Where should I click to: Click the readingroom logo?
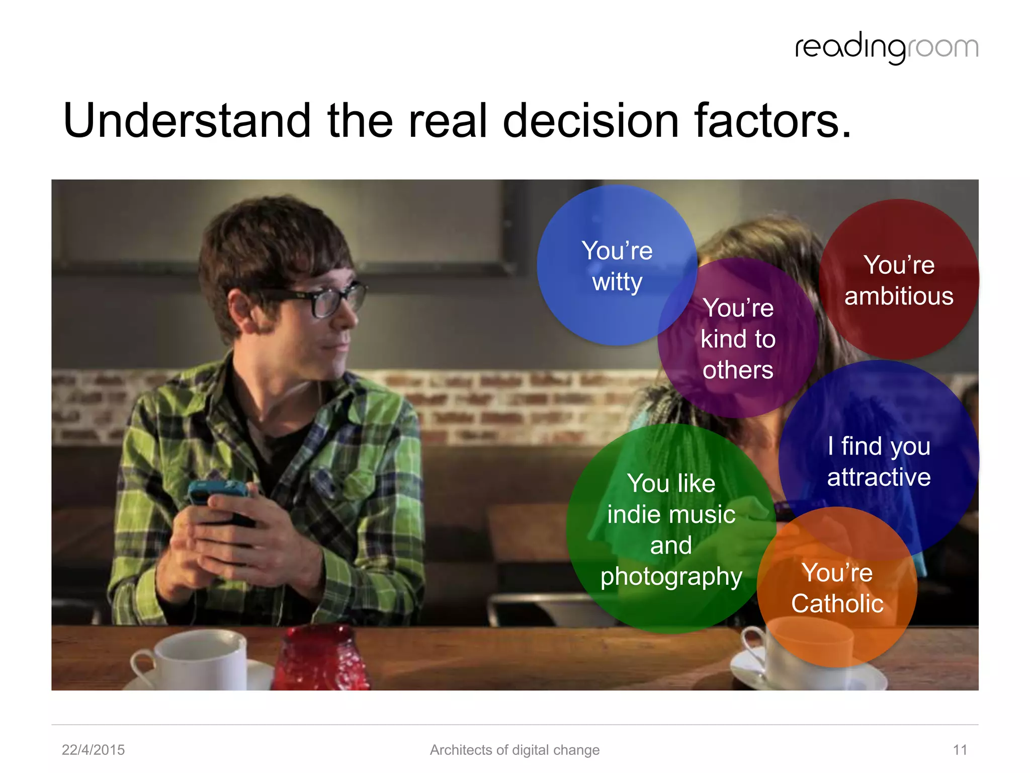[x=886, y=48]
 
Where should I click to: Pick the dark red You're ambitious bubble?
[x=899, y=280]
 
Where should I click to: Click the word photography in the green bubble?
[x=671, y=577]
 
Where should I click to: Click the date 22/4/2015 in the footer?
[x=93, y=750]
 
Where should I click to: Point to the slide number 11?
[x=960, y=750]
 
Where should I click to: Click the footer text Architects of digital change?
[x=514, y=750]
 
